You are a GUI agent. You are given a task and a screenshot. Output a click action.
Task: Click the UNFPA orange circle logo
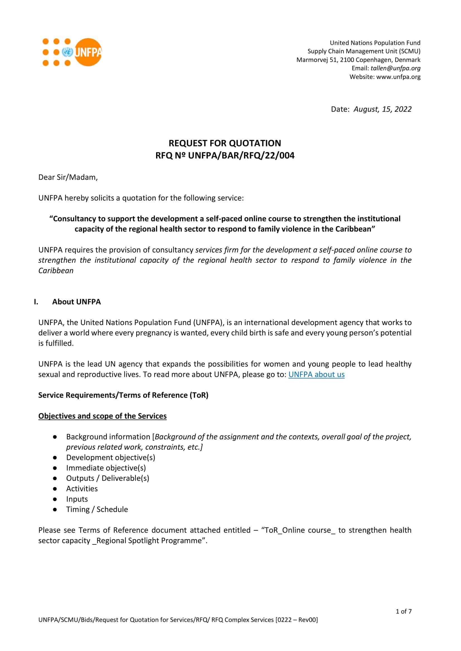coord(88,52)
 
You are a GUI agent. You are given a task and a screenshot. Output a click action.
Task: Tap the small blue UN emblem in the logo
coord(67,52)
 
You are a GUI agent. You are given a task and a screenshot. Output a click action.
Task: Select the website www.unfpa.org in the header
coord(398,77)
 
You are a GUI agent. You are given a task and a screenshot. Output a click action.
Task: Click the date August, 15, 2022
coord(382,109)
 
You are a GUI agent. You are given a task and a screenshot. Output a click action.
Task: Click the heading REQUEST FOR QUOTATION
coord(225,143)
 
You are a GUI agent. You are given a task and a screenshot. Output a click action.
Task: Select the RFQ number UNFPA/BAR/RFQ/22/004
coord(241,155)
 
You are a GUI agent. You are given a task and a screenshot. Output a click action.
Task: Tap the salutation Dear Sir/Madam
coord(68,177)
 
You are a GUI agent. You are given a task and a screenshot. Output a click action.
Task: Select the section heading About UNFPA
coord(76,302)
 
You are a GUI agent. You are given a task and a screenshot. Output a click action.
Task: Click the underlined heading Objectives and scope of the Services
coord(102,416)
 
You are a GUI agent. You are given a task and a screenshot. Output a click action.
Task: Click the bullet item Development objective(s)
coord(110,457)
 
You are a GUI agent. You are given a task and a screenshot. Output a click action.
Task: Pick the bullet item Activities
coord(82,488)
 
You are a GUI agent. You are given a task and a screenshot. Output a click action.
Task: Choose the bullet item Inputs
coord(77,499)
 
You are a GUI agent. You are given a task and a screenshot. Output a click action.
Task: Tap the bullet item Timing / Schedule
coord(97,509)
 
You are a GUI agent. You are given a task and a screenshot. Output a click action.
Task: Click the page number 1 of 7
coord(403,611)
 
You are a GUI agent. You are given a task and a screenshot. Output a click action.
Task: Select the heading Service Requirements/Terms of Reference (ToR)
coord(123,395)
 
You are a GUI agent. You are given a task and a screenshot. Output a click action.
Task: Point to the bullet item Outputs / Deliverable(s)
coord(108,478)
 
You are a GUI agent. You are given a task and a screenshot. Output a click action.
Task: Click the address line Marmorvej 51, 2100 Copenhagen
coord(358,60)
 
